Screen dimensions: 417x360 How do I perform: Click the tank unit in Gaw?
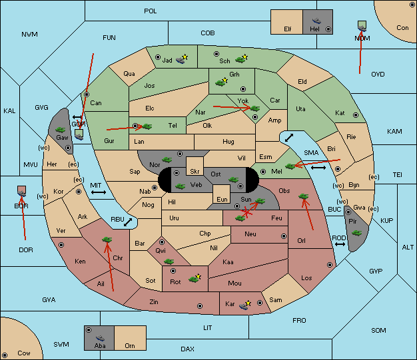click(x=61, y=130)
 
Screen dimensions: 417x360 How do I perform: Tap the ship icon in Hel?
click(x=316, y=21)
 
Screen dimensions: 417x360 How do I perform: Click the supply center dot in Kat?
click(x=356, y=115)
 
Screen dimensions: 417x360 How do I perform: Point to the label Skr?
click(x=195, y=172)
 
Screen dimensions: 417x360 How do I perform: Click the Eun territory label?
click(x=222, y=199)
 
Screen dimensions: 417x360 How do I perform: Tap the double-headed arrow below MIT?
click(x=99, y=192)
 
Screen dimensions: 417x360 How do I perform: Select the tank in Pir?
click(x=356, y=233)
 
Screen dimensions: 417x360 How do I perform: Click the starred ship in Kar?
click(x=245, y=305)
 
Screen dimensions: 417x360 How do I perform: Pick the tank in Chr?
click(x=107, y=240)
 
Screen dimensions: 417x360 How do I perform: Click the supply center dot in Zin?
click(x=200, y=306)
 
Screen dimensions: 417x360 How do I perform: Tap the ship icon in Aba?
click(x=101, y=338)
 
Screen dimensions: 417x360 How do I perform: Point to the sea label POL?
click(x=151, y=11)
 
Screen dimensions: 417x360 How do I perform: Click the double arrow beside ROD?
click(x=340, y=244)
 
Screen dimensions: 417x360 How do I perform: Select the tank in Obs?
click(x=304, y=196)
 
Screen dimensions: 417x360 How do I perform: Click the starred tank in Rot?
click(x=195, y=278)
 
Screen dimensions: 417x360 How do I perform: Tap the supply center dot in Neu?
click(x=284, y=236)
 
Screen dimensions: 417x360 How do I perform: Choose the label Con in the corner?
click(x=402, y=28)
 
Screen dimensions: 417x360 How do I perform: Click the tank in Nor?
click(x=167, y=160)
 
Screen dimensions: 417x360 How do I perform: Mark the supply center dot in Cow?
click(x=5, y=355)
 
